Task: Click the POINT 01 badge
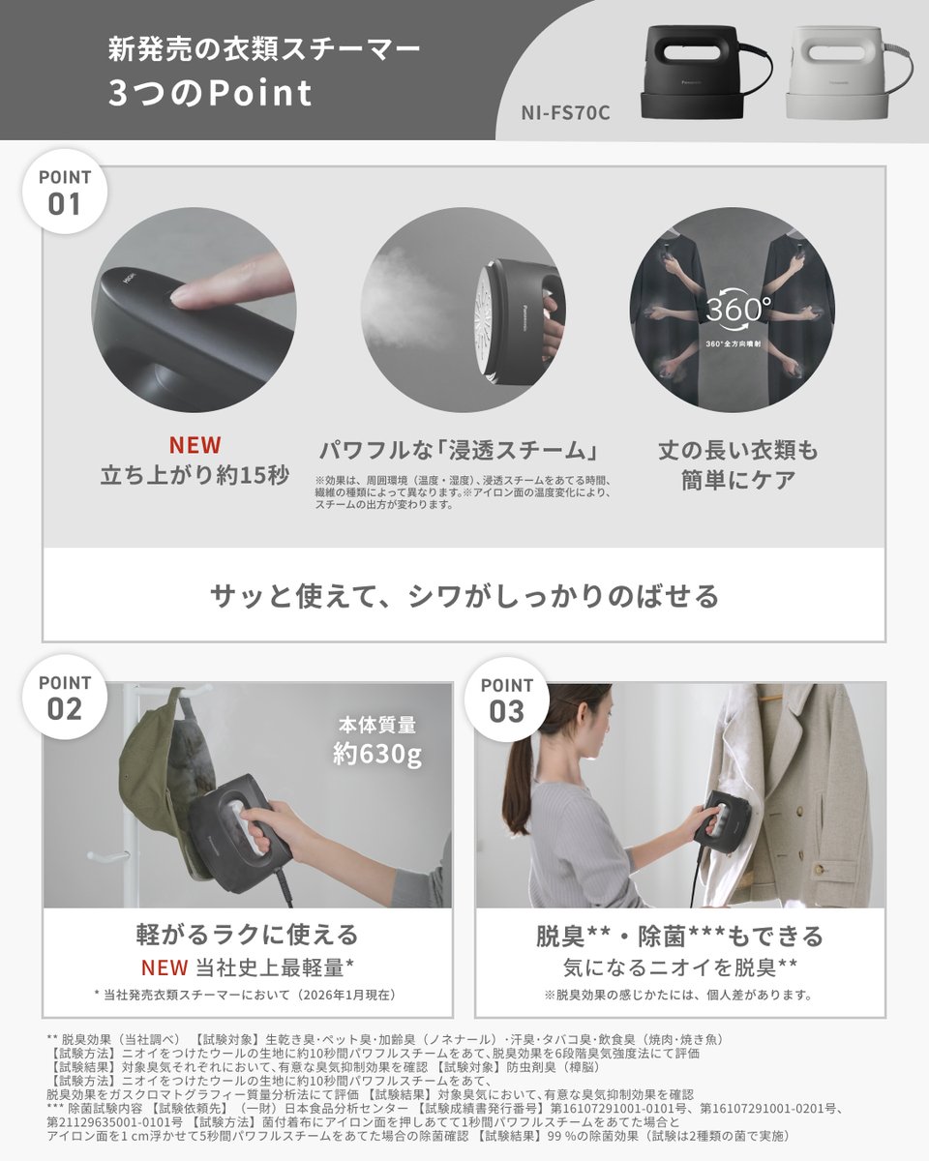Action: [x=65, y=191]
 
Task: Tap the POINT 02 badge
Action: [x=65, y=697]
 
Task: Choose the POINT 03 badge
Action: [x=507, y=700]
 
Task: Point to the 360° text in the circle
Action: [x=737, y=310]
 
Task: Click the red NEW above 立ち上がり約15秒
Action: [x=195, y=445]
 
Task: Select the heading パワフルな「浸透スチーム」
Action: [x=456, y=451]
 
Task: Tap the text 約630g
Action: [x=377, y=754]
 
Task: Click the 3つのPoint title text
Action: [x=210, y=94]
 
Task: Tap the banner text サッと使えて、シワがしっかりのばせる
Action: [x=464, y=596]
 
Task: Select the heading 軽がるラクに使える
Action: [x=247, y=935]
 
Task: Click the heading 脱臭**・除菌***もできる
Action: [x=679, y=936]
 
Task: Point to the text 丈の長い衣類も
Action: [x=737, y=451]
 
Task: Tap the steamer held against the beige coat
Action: [x=716, y=822]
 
